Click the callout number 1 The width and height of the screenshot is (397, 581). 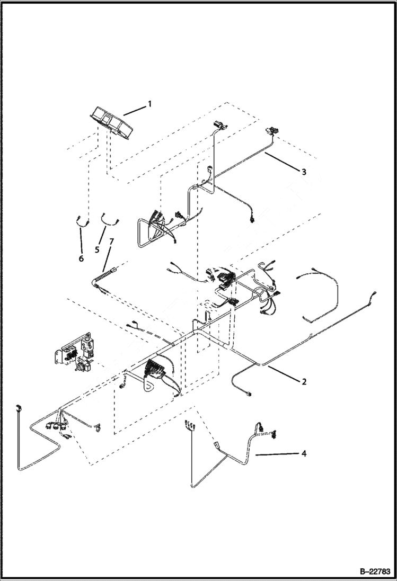pos(149,104)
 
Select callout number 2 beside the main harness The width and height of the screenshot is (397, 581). pos(304,381)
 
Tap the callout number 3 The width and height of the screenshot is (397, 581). pos(303,172)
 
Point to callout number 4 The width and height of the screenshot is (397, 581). pos(304,453)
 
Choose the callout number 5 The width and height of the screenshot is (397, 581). pos(97,248)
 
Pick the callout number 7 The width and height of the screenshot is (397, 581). pos(111,242)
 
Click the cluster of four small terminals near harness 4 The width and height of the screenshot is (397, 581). pos(190,425)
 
